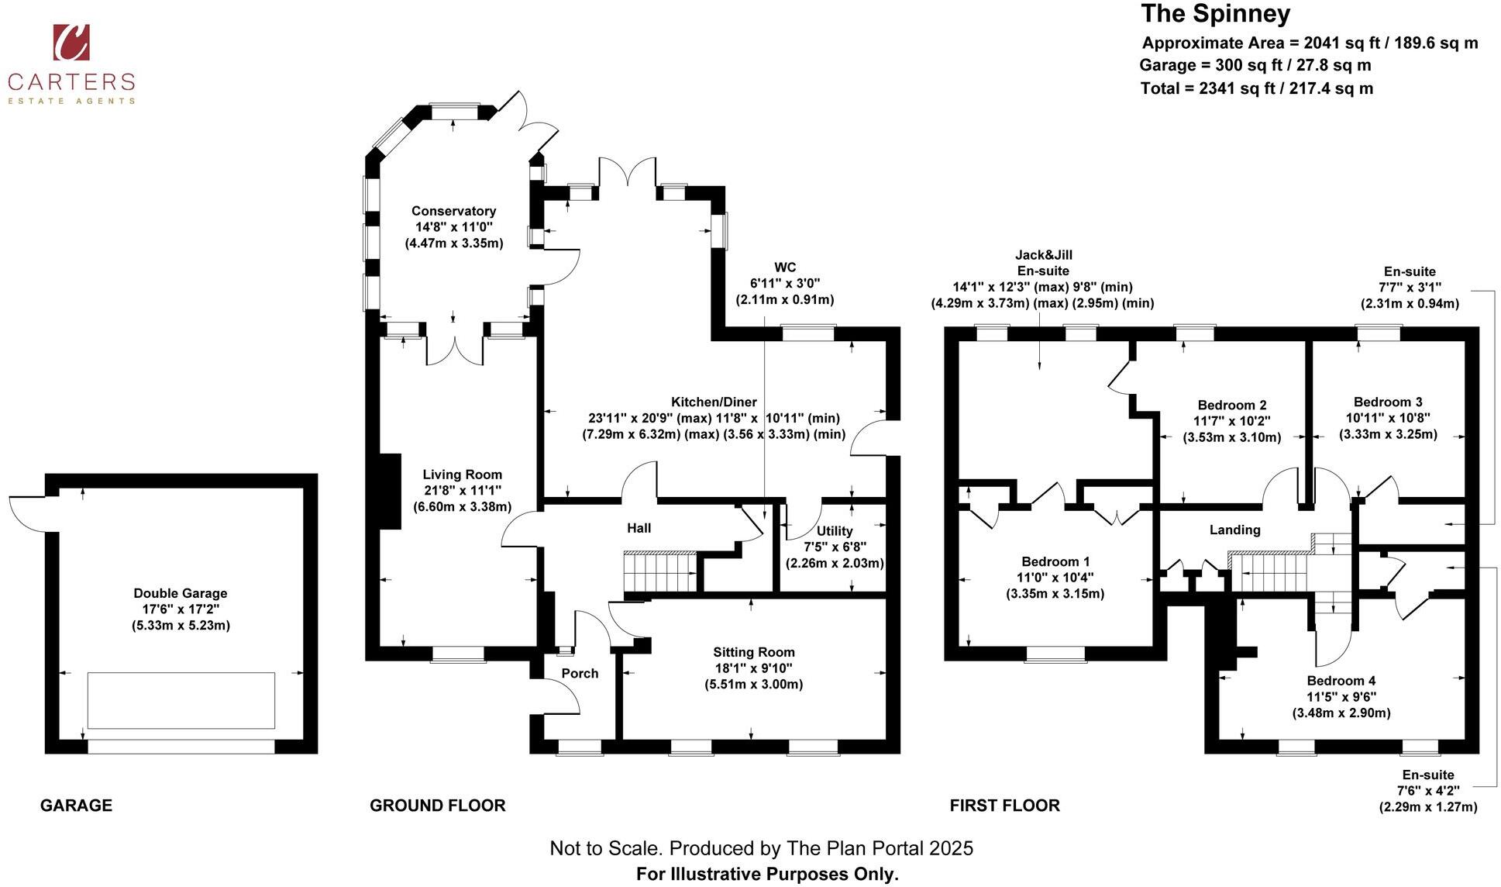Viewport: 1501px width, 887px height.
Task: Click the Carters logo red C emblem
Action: pyautogui.click(x=71, y=42)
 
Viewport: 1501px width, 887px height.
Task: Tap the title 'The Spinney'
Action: pyautogui.click(x=1216, y=14)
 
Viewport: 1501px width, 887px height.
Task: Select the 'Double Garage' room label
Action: pyautogui.click(x=181, y=593)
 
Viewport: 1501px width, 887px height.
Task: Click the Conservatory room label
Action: pyautogui.click(x=453, y=211)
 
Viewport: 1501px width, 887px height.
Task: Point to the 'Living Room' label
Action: pyautogui.click(x=463, y=475)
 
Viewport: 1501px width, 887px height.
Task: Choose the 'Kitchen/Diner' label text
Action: pyautogui.click(x=714, y=402)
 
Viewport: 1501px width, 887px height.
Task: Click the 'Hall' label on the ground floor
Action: pyautogui.click(x=639, y=528)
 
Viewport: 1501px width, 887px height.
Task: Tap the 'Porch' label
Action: pyautogui.click(x=580, y=673)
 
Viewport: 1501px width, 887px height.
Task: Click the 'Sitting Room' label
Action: pyautogui.click(x=754, y=652)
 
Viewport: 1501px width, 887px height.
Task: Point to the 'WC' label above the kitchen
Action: pyautogui.click(x=785, y=267)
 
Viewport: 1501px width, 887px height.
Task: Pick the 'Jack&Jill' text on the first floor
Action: pyautogui.click(x=1044, y=254)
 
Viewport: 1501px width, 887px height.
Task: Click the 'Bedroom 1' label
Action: pyautogui.click(x=1055, y=561)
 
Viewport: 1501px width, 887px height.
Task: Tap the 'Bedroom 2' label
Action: pyautogui.click(x=1232, y=405)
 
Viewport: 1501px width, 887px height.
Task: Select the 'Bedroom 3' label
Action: pyautogui.click(x=1388, y=402)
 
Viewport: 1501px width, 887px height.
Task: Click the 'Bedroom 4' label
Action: pyautogui.click(x=1341, y=681)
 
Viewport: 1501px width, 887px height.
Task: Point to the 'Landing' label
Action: pyautogui.click(x=1235, y=530)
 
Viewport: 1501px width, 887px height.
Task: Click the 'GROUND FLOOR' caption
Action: pyautogui.click(x=438, y=806)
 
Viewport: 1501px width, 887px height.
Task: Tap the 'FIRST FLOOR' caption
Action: pyautogui.click(x=1005, y=806)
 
